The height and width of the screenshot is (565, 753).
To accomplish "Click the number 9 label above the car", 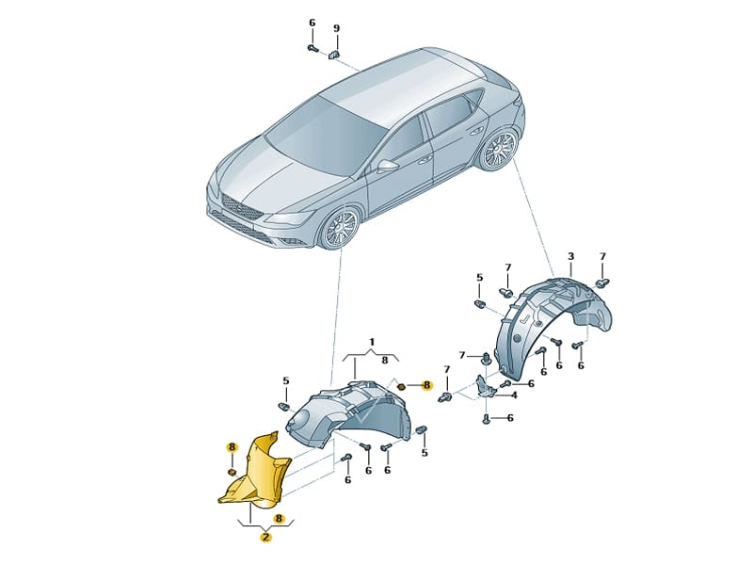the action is pyautogui.click(x=336, y=28).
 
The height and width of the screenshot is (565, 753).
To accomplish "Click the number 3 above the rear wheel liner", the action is pyautogui.click(x=570, y=256).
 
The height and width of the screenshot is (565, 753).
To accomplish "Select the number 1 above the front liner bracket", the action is pyautogui.click(x=372, y=342).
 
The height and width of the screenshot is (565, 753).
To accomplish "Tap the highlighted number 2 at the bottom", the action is pyautogui.click(x=265, y=537).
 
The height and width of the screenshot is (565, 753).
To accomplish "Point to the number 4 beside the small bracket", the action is pyautogui.click(x=514, y=395).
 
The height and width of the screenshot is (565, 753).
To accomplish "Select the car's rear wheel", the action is pyautogui.click(x=499, y=149).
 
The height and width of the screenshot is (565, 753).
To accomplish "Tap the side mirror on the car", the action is pyautogui.click(x=387, y=166).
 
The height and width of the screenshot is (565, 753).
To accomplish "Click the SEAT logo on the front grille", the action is pyautogui.click(x=238, y=207).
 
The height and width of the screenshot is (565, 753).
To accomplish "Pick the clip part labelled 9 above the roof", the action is pyautogui.click(x=334, y=55).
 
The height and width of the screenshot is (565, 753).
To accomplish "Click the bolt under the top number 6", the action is pyautogui.click(x=312, y=48).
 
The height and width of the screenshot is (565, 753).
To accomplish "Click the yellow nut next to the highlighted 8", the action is pyautogui.click(x=402, y=386).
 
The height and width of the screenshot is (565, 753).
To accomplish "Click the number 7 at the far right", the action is pyautogui.click(x=602, y=256).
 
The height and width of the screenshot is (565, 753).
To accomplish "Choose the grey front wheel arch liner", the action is pyautogui.click(x=350, y=411).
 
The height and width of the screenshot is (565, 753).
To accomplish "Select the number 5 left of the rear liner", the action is pyautogui.click(x=479, y=278).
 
